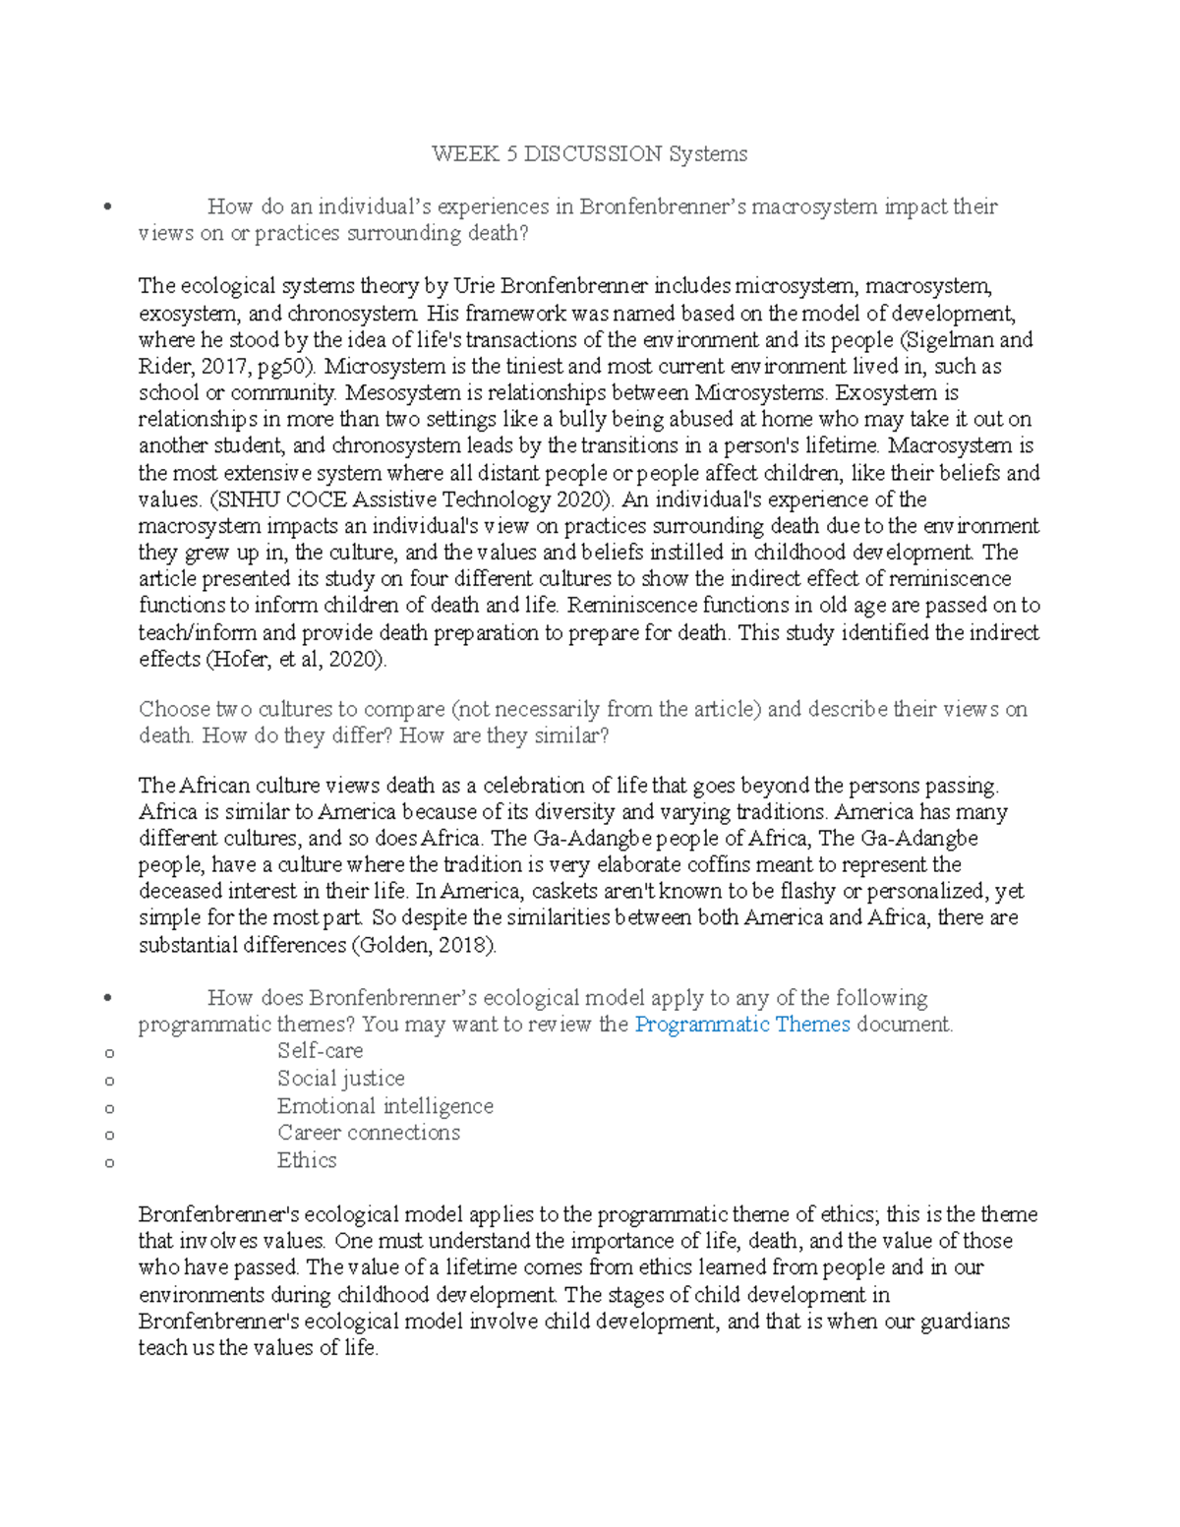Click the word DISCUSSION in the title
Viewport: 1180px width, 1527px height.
592,154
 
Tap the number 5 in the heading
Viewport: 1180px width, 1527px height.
511,154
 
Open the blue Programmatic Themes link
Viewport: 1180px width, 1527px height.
741,1025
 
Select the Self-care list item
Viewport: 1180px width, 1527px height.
320,1051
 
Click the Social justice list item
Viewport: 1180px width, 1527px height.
340,1079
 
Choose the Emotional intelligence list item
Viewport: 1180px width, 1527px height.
384,1106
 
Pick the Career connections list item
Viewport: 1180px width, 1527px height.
368,1133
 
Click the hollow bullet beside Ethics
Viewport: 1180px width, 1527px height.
109,1162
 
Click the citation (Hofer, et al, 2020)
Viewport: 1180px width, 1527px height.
295,659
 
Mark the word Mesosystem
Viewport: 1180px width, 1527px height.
396,393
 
